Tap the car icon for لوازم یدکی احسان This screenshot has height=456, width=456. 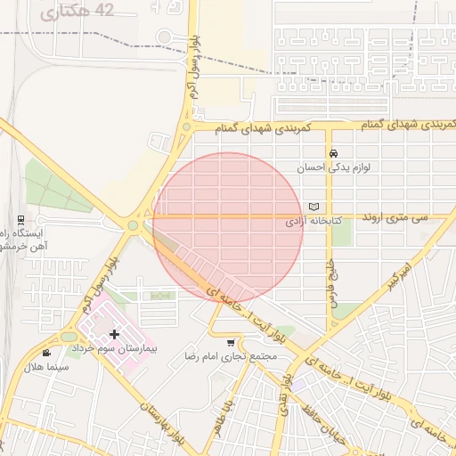click(332, 152)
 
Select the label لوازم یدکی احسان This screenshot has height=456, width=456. click(331, 167)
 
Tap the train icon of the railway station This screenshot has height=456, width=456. click(20, 219)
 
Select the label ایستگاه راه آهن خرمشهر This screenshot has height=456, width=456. click(27, 239)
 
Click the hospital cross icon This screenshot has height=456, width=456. click(114, 334)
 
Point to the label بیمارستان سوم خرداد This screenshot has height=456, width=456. click(114, 348)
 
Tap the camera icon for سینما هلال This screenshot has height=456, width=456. click(45, 354)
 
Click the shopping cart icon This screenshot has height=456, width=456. click(232, 343)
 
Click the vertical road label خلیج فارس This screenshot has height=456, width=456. click(330, 283)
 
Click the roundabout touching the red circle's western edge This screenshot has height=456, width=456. click(134, 225)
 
